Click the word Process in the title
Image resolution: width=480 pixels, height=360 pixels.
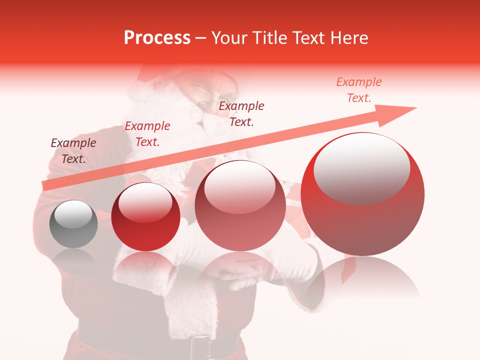click(x=157, y=38)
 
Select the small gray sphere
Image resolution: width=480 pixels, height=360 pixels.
click(x=73, y=224)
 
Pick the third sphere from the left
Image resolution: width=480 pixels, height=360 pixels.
click(x=240, y=205)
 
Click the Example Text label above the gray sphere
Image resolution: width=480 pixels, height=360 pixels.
click(x=73, y=151)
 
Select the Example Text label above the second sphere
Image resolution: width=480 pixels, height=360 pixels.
click(x=147, y=134)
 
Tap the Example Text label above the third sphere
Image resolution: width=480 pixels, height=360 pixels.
click(x=241, y=113)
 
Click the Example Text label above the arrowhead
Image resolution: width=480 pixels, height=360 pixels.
click(x=359, y=90)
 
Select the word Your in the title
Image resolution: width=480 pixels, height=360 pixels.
click(x=230, y=38)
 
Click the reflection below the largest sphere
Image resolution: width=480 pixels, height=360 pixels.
click(x=362, y=280)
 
